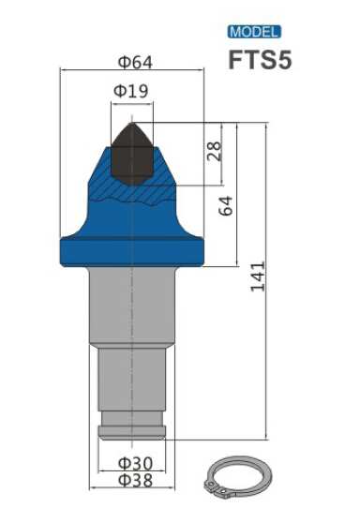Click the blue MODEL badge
[x=254, y=32]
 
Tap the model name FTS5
[x=260, y=60]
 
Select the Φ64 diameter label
[x=136, y=62]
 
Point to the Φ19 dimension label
[x=131, y=91]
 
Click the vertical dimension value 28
[x=214, y=151]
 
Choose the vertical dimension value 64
[x=226, y=206]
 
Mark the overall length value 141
[x=258, y=277]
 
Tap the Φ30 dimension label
[x=136, y=463]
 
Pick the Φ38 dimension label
[x=136, y=481]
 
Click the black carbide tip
[x=132, y=156]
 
